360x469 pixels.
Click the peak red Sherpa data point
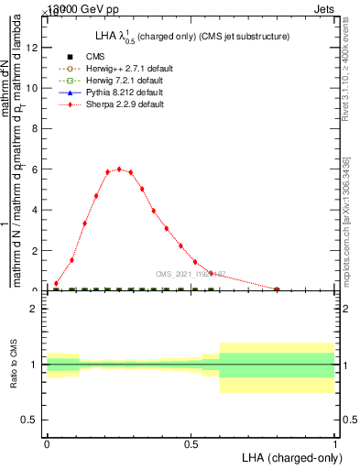pyautogui.click(x=119, y=169)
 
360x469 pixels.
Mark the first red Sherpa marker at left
pyautogui.click(x=56, y=283)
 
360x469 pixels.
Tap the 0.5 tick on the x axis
pyautogui.click(x=191, y=443)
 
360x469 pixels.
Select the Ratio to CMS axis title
pyautogui.click(x=14, y=365)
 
